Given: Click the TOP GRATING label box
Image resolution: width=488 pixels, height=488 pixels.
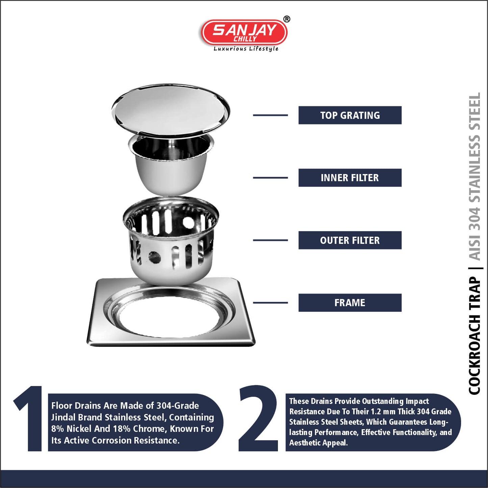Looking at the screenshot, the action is point(350,115).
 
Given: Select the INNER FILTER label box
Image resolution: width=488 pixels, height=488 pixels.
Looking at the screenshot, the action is point(350,178).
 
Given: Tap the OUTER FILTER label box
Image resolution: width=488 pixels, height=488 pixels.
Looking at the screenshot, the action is point(350,240).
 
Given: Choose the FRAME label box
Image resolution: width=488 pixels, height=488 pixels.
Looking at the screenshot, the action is point(350,303).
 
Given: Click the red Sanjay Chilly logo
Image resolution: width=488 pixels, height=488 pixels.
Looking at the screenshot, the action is point(244,33).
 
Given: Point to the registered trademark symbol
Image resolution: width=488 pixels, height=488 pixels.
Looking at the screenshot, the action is point(286,19).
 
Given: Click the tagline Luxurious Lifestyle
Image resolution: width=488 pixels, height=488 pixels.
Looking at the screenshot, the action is point(246,49).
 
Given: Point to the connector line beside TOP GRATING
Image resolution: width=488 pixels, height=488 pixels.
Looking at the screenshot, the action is point(270,115).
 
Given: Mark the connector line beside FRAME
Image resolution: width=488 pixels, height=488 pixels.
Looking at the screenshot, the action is point(270,303).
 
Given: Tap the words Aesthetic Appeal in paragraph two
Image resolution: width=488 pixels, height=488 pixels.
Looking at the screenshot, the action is point(318,443).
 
